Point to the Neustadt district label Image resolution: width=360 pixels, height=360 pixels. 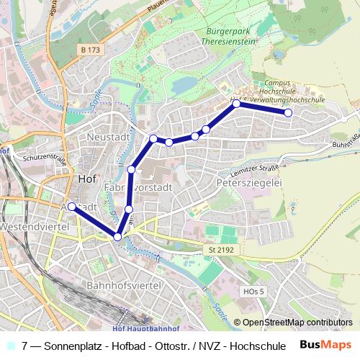pyautogui.click(x=105, y=136)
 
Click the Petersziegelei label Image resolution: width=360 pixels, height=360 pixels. pyautogui.click(x=248, y=184)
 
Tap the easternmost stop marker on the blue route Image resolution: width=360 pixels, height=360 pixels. pyautogui.click(x=288, y=112)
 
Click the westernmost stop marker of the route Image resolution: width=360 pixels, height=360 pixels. pyautogui.click(x=72, y=206)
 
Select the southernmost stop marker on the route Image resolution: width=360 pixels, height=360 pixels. pyautogui.click(x=117, y=236)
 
